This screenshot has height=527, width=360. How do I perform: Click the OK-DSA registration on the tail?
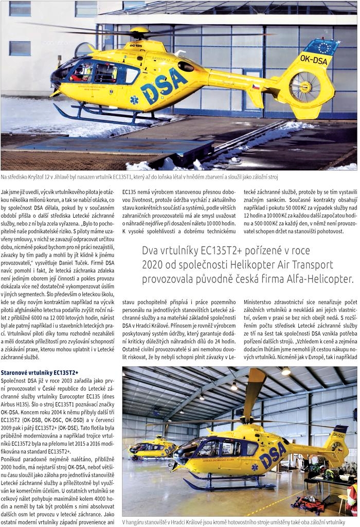pyautogui.click(x=313, y=60)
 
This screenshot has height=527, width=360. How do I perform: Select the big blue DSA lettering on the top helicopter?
pyautogui.click(x=164, y=85)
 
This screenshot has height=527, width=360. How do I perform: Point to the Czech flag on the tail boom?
pyautogui.click(x=256, y=87)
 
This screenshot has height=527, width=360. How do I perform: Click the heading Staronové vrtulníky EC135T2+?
pyautogui.click(x=40, y=372)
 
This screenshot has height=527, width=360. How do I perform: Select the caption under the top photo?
pyautogui.click(x=139, y=177)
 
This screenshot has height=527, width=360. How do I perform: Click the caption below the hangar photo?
pyautogui.click(x=233, y=521)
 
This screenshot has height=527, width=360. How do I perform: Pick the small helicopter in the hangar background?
pyautogui.click(x=153, y=447)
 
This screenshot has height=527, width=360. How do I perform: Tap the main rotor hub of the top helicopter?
pyautogui.click(x=139, y=32)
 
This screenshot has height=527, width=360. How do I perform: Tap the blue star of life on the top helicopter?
pyautogui.click(x=134, y=99)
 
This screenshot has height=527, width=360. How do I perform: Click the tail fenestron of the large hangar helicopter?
pyautogui.click(x=337, y=447)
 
